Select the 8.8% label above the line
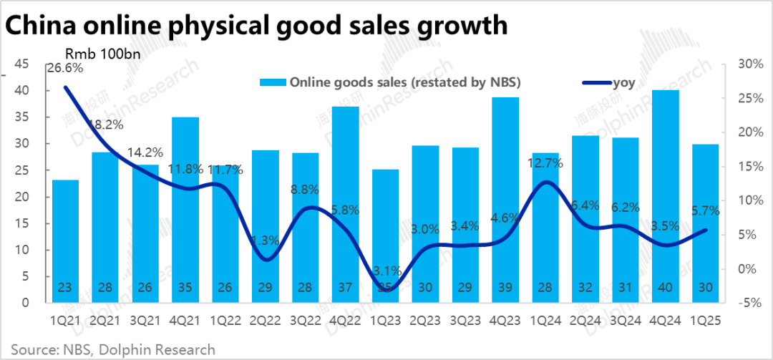coord(306,190)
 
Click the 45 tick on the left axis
coord(21,64)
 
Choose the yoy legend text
coord(623,82)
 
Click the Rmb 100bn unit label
coord(102,54)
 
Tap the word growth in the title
coord(453,25)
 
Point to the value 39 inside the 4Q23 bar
coord(505,288)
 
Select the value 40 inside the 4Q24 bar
coord(666,288)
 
